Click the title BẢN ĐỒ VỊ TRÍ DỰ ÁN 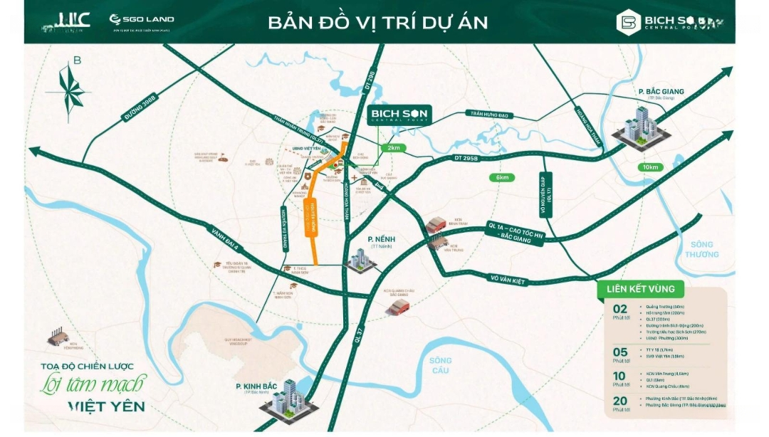pos(378,22)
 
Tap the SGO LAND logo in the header pos(141,20)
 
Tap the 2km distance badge pos(394,147)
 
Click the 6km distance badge pos(503,177)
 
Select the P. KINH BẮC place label pos(261,386)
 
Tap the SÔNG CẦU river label pos(441,365)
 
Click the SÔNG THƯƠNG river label pos(703,249)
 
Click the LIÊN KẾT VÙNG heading pos(640,289)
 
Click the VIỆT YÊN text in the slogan pos(106,407)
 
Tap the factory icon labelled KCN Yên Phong pos(57,335)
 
